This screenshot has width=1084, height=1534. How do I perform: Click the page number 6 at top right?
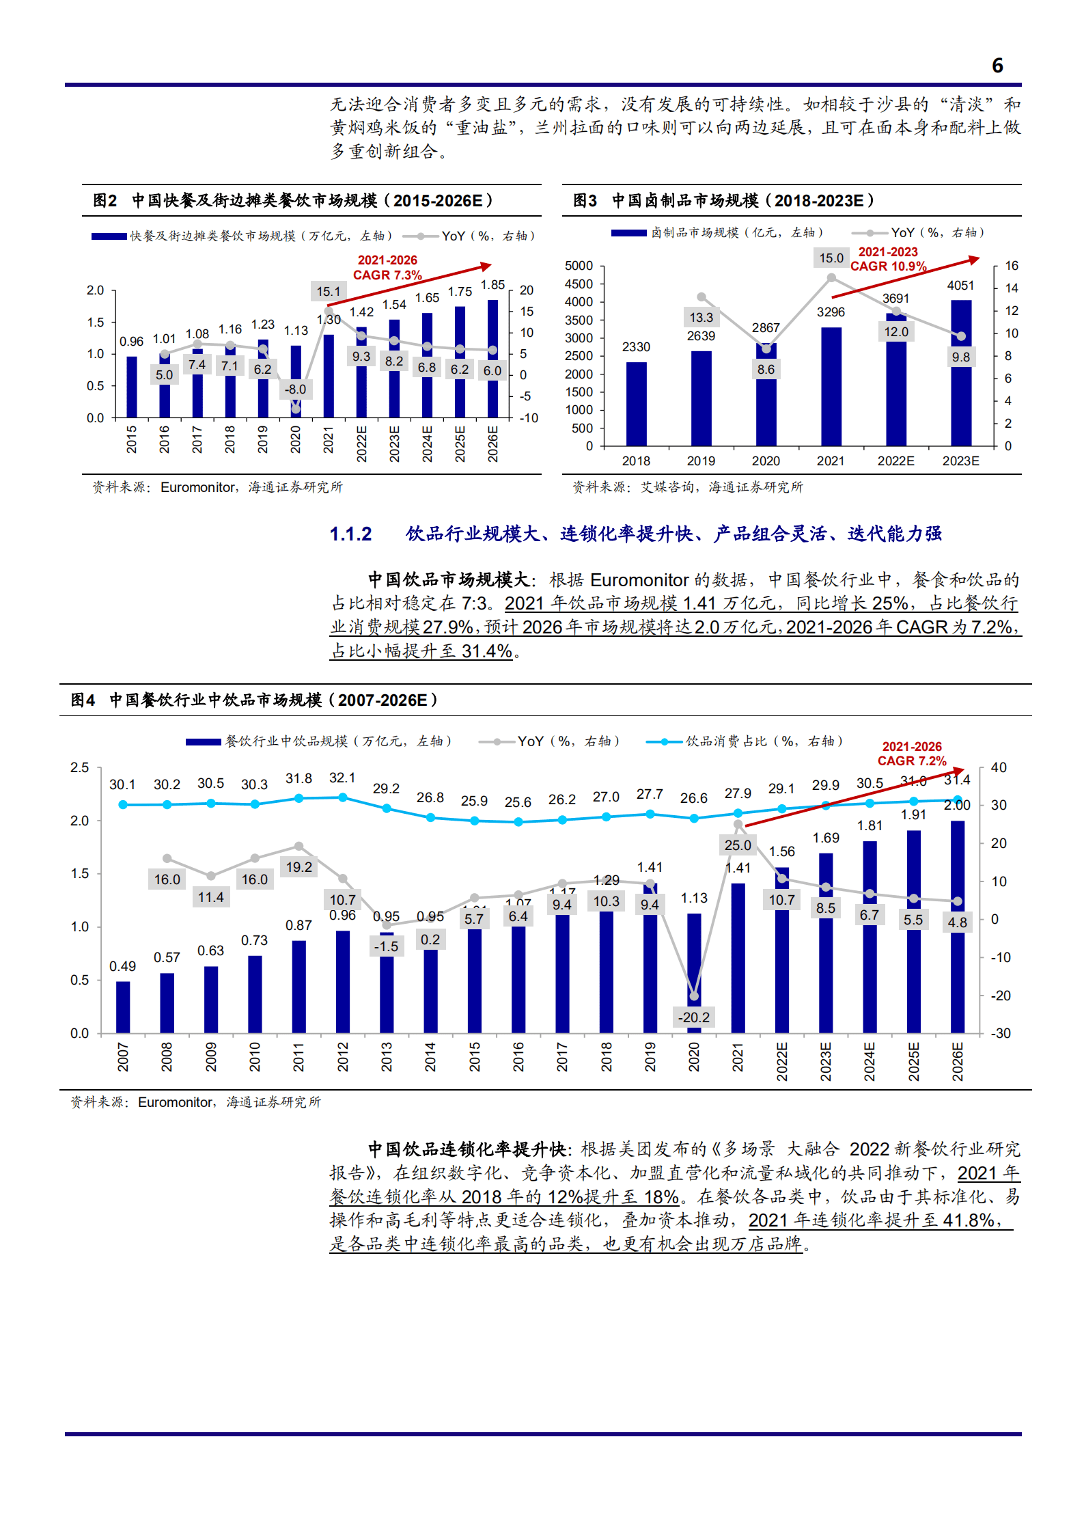pos(997,66)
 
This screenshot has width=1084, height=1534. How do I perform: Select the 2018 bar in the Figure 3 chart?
pos(636,403)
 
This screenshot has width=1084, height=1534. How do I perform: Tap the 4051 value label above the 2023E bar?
pos(960,286)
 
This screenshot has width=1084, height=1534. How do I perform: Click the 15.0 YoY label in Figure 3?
pos(831,258)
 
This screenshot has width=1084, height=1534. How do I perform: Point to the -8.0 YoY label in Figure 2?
pos(295,389)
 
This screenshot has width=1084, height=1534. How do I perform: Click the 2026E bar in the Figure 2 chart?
pos(492,359)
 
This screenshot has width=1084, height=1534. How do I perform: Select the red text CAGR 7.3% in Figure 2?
pos(387,275)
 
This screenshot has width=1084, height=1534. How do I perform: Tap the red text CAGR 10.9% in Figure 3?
pos(888,266)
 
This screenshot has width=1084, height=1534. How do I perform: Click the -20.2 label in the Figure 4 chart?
pos(693,1017)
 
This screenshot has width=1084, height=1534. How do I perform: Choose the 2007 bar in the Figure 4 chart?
pos(123,1006)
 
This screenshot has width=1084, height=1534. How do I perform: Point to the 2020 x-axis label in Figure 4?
pos(694,1056)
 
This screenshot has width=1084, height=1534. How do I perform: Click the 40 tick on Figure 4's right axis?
pos(999,767)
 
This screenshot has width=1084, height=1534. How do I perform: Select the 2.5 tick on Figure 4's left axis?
pos(80,767)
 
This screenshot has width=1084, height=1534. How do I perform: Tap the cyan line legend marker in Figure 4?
pos(663,741)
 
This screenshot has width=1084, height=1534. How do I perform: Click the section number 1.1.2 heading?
pos(350,534)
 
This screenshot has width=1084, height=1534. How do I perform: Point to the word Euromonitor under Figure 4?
pos(175,1102)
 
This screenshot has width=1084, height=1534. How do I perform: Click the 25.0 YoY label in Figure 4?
pos(738,845)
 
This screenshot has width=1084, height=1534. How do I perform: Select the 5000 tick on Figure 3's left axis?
pos(579,266)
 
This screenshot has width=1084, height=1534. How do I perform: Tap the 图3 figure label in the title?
pos(585,201)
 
